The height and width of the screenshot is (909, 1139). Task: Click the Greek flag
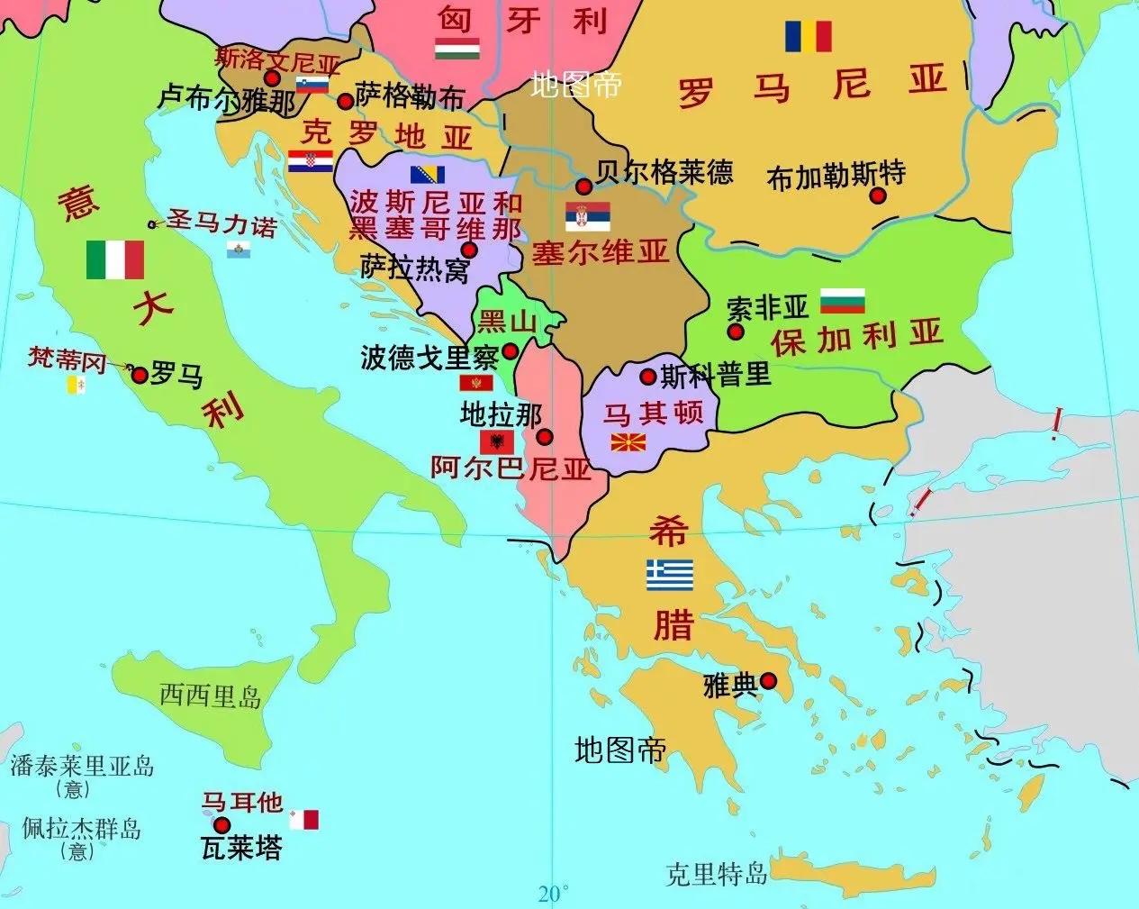670,575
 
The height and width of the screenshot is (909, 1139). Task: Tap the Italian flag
114,259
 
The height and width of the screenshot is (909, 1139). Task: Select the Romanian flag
808,36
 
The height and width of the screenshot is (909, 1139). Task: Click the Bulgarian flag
842,301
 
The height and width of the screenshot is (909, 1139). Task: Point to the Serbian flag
588,216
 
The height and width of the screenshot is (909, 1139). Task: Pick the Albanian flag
497,441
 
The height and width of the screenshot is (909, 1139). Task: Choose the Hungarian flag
457,49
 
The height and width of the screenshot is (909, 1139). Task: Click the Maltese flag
303,820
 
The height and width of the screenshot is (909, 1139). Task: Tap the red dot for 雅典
768,681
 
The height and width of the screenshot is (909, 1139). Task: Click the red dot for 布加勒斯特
878,195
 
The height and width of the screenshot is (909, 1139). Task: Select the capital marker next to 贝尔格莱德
583,186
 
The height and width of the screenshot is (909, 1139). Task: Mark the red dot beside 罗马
139,374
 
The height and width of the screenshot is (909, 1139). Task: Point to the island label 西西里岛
210,695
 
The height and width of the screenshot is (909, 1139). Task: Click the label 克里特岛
716,873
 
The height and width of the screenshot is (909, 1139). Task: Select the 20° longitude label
553,894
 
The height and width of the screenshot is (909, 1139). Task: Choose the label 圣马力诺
221,223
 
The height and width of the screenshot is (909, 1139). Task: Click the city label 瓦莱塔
240,848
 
